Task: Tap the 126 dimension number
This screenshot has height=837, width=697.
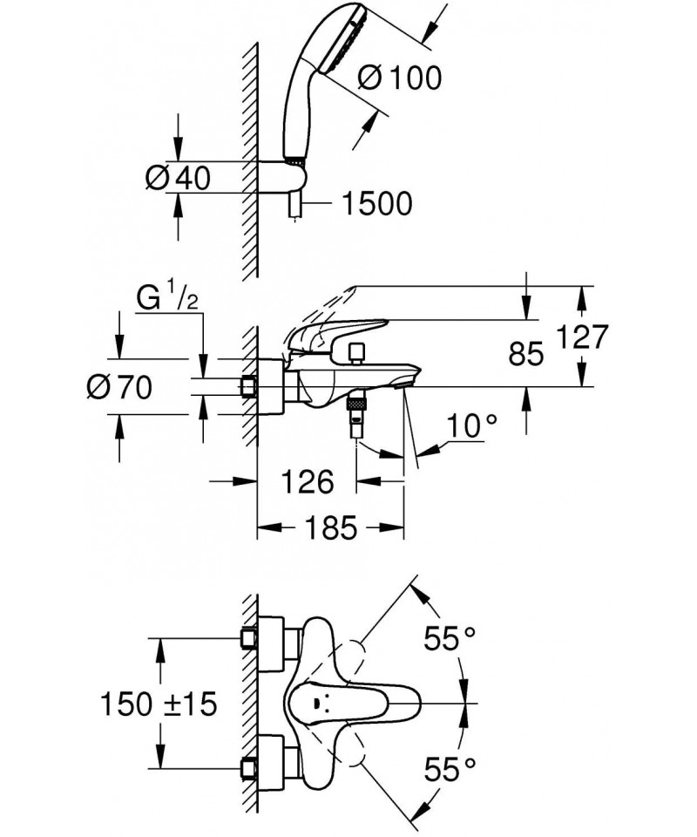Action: [308, 480]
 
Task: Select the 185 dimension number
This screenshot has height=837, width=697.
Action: [331, 527]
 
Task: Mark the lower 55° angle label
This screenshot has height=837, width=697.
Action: [450, 767]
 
